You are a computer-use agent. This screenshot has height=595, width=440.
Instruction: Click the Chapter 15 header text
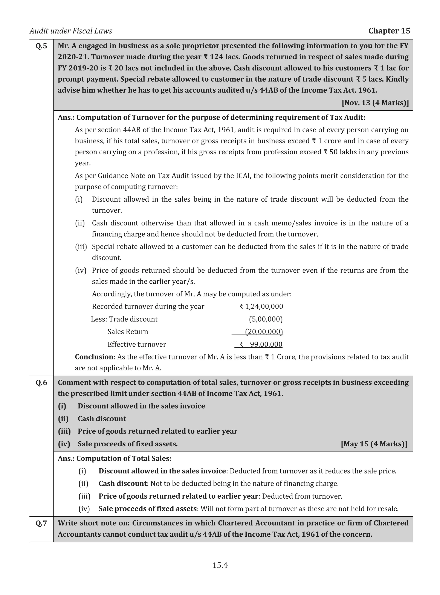pyautogui.click(x=389, y=31)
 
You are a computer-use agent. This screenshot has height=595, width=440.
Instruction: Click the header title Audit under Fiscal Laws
pyautogui.click(x=71, y=31)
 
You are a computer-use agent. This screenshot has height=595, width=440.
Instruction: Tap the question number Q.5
pyautogui.click(x=41, y=46)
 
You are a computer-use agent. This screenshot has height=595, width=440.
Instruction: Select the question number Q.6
pyautogui.click(x=41, y=383)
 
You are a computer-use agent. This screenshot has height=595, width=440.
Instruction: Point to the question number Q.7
pyautogui.click(x=41, y=523)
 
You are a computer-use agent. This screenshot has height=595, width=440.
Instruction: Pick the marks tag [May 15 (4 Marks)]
pyautogui.click(x=374, y=444)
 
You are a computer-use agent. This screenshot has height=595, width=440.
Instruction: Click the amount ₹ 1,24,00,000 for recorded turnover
pyautogui.click(x=261, y=306)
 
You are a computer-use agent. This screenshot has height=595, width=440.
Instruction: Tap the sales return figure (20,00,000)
pyautogui.click(x=264, y=332)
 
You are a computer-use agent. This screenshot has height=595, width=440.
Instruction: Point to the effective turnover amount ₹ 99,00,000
pyautogui.click(x=261, y=344)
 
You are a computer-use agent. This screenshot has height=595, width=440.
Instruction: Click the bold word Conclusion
pyautogui.click(x=94, y=357)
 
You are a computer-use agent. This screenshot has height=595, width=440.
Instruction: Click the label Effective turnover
pyautogui.click(x=137, y=344)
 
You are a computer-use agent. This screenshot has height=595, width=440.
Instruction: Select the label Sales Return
pyautogui.click(x=128, y=332)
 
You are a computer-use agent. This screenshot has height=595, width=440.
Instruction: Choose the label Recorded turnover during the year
pyautogui.click(x=148, y=306)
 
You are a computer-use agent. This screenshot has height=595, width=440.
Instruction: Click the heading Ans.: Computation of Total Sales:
pyautogui.click(x=115, y=458)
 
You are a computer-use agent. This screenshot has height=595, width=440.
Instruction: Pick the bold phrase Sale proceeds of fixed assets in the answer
pyautogui.click(x=148, y=509)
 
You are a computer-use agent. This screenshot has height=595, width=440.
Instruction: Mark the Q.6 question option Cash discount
pyautogui.click(x=102, y=418)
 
